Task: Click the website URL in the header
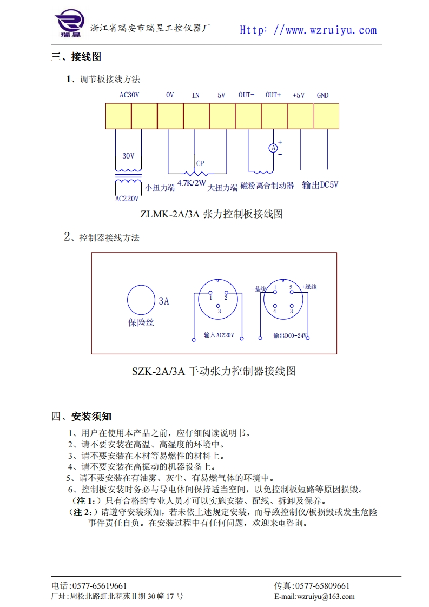(308, 30)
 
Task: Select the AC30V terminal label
(129, 95)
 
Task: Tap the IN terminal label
(196, 96)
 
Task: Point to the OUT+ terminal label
(273, 95)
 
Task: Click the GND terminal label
(322, 96)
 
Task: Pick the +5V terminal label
(299, 96)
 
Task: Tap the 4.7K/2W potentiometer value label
(192, 183)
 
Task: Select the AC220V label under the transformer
(127, 199)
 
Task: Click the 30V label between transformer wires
(128, 156)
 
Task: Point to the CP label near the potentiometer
(200, 163)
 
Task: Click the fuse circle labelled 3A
(141, 299)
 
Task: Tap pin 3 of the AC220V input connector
(219, 306)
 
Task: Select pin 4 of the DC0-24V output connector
(275, 306)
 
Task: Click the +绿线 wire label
(309, 287)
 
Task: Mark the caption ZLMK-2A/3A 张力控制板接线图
(212, 214)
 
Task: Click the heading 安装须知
(91, 417)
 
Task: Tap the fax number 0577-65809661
(321, 586)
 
